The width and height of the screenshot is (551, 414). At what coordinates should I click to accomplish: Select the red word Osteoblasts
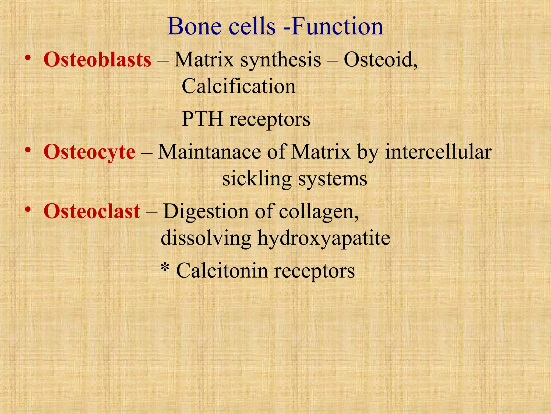click(97, 60)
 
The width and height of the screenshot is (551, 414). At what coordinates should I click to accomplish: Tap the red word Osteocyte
click(89, 152)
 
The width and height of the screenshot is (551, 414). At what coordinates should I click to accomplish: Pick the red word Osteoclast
click(92, 211)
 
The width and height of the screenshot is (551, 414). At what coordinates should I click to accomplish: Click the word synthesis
click(281, 60)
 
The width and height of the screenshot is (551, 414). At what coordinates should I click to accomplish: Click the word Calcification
click(239, 87)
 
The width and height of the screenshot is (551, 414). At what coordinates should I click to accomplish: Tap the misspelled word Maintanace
click(209, 152)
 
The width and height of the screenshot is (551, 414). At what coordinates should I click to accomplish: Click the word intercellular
click(438, 152)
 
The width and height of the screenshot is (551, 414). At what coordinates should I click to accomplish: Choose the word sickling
click(257, 179)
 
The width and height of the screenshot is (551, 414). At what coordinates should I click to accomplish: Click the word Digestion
click(206, 211)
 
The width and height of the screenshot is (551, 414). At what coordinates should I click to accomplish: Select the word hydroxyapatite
click(324, 238)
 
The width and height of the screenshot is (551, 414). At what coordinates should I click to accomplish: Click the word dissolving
click(206, 238)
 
